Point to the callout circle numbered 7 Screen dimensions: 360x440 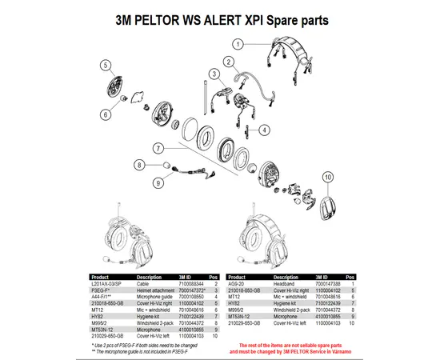coord(158,148)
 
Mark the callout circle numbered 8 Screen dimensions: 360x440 coord(139,164)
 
